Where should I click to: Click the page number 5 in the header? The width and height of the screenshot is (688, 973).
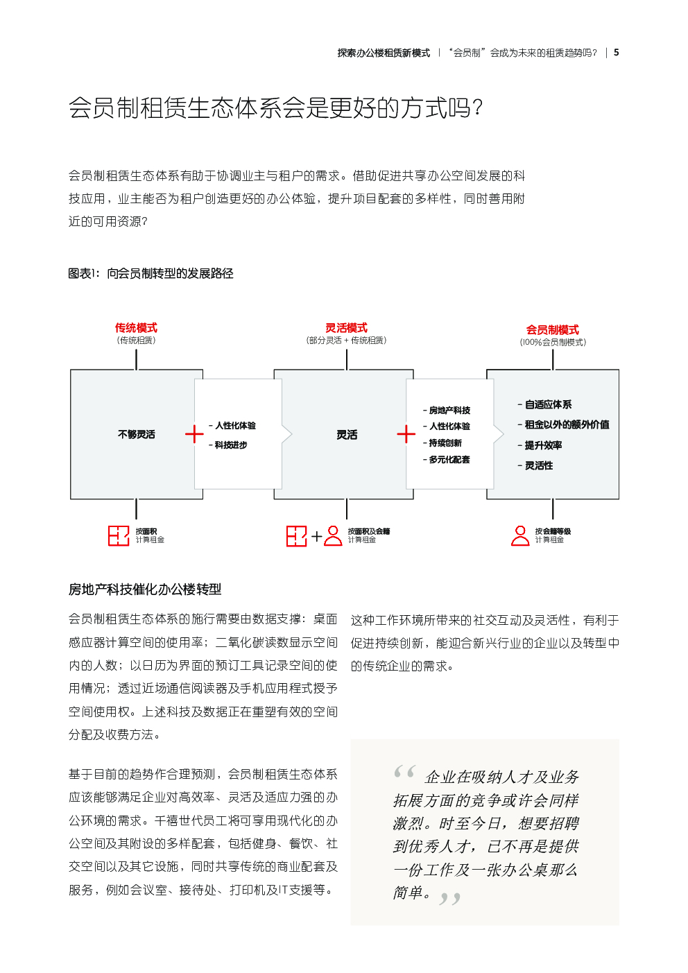616,53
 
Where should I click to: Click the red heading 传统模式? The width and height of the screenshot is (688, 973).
136,328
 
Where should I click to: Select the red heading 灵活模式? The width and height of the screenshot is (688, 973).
347,328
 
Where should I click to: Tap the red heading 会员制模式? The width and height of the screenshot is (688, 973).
553,330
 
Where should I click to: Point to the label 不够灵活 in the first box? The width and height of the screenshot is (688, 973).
137,435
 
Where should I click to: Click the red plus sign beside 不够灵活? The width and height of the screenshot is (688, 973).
194,435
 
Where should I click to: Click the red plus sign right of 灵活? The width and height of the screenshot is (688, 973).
406,435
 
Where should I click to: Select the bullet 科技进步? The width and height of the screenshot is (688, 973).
231,445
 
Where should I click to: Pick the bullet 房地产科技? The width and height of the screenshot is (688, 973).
449,411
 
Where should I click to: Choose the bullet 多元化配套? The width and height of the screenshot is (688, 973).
449,460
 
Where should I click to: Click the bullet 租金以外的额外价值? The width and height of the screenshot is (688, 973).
567,425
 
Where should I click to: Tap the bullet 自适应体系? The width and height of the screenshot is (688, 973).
548,405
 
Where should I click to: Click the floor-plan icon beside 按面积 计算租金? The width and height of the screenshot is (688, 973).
119,536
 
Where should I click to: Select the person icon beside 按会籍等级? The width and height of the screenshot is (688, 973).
520,536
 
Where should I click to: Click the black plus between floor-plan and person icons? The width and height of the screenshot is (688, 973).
317,536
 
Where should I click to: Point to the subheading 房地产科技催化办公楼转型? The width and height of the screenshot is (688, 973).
145,589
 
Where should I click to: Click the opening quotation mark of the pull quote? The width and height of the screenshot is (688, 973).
404,772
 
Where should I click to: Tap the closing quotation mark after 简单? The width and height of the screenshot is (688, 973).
450,899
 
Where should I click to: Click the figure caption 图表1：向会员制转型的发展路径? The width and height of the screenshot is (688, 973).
150,274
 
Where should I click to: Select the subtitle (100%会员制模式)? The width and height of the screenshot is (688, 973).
553,343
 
